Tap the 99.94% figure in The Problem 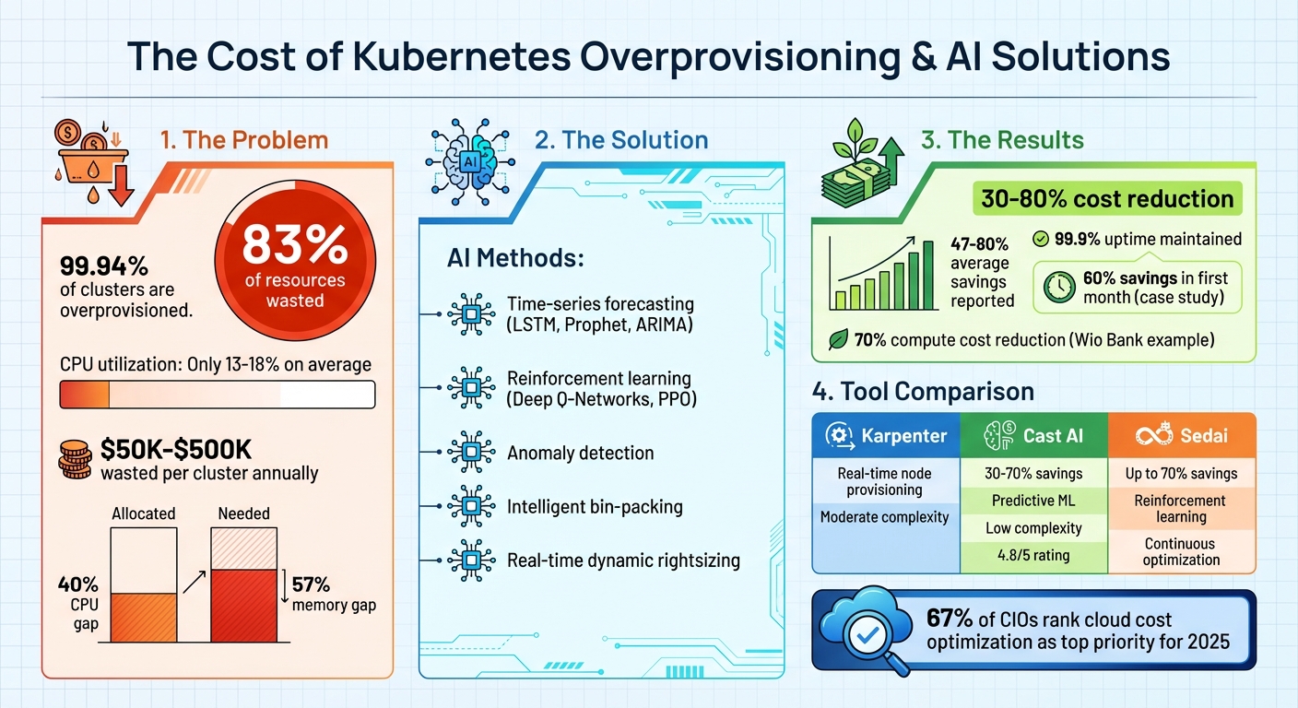pos(104,266)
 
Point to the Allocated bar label pos(143,513)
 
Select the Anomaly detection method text pos(580,453)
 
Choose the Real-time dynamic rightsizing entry pos(623,560)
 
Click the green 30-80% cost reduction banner pos(1106,198)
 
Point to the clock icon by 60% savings pos(1059,289)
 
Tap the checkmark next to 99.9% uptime pos(1040,240)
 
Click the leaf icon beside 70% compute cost pos(837,340)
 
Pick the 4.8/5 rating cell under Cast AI pos(1032,556)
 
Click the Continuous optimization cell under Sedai pos(1181,551)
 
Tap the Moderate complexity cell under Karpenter pos(884,517)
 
